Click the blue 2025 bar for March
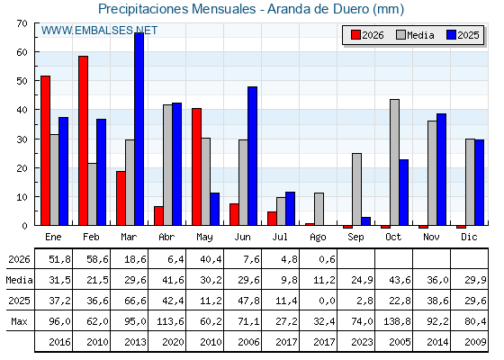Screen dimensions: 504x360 coord(139,129)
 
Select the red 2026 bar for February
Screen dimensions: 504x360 coord(83,140)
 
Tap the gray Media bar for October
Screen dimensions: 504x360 coord(395,162)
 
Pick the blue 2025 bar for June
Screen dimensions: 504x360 coord(252,156)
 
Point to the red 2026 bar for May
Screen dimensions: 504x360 coord(197,166)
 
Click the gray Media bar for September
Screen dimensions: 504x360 coord(356,189)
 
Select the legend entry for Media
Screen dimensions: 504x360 coord(415,35)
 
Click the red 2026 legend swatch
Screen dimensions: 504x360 coord(355,35)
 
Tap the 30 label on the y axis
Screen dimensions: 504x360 coord(22,139)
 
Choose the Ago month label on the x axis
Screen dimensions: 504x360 coord(318,238)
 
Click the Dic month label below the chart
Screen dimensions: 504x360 coord(469,237)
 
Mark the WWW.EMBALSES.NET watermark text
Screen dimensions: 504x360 coord(99,31)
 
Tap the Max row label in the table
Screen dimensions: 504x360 coord(19,321)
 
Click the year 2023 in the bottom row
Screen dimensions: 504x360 coord(362,342)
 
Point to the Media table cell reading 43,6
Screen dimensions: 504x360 coord(400,280)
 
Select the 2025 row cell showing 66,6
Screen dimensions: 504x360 coord(135,301)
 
